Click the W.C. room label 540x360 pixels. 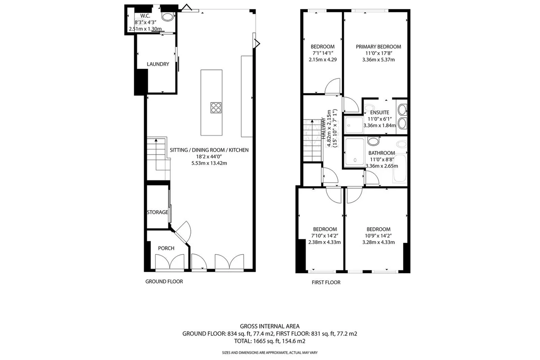point(145,16)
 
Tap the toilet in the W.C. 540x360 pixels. point(167,16)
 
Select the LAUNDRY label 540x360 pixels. point(158,64)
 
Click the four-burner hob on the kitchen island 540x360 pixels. point(216,108)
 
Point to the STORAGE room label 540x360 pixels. point(157,212)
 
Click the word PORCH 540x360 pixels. point(166,248)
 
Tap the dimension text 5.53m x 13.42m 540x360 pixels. point(209,163)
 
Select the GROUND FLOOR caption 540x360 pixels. point(164,281)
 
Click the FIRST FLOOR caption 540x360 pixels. point(326,282)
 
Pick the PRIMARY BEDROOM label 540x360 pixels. point(378,47)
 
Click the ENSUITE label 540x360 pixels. point(380,112)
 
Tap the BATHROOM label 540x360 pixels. point(382,153)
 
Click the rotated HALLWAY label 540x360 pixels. point(324,128)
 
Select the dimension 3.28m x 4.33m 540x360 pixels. point(378,242)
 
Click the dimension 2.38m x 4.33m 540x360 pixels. point(324,242)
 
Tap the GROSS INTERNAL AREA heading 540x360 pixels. point(270,326)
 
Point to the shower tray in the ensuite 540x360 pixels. point(354,125)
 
